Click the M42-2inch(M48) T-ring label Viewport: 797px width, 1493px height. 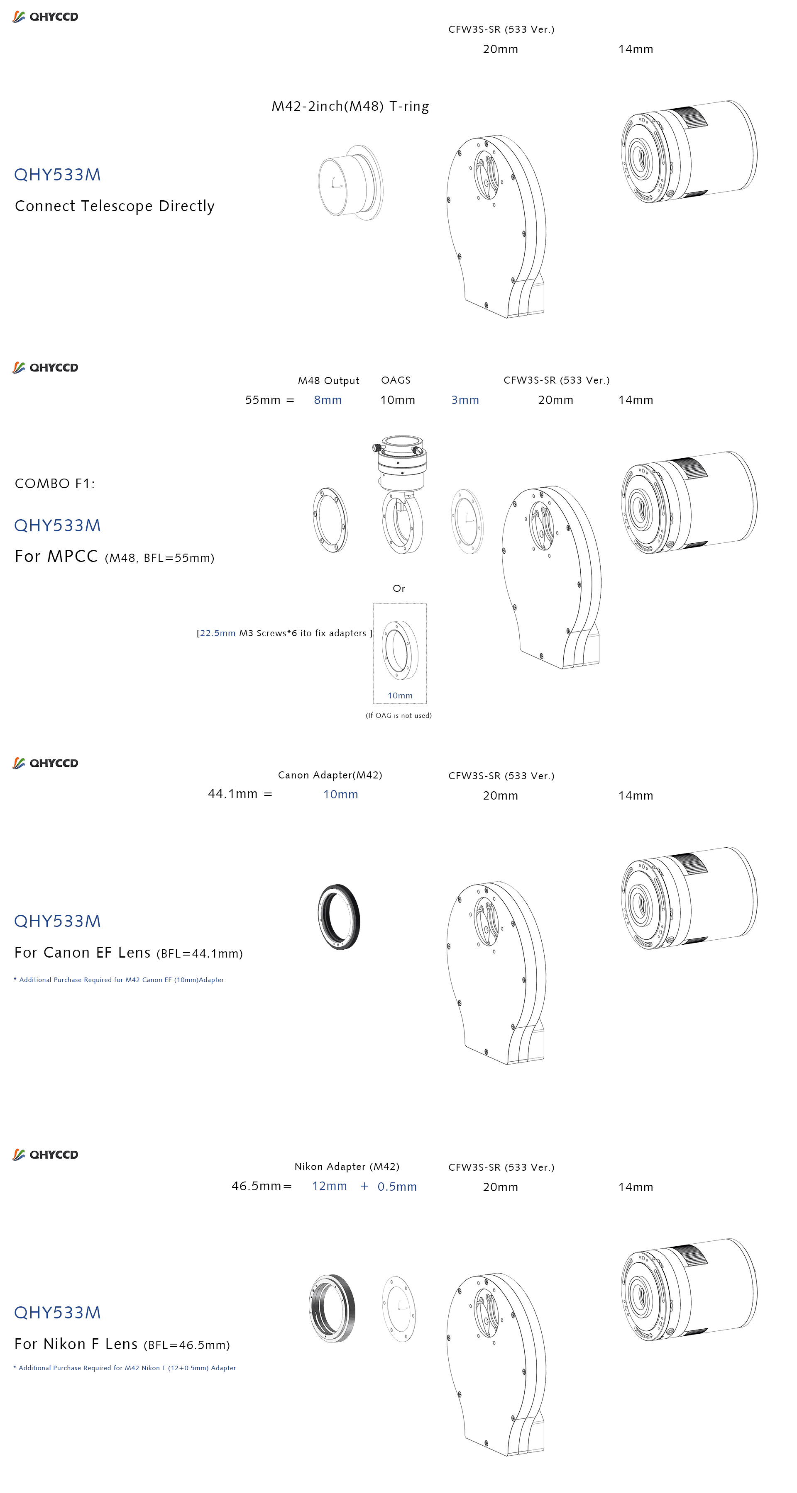[x=350, y=107]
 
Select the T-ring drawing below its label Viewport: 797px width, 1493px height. [x=351, y=182]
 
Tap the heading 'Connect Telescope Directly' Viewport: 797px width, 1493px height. [x=115, y=207]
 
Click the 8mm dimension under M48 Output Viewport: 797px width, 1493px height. [x=328, y=400]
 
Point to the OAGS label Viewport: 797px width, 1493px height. [x=396, y=380]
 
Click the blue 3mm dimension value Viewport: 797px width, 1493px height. [x=465, y=400]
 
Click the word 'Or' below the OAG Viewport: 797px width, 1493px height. [x=399, y=588]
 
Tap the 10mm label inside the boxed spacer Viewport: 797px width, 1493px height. [x=400, y=695]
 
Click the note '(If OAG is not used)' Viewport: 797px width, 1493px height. [x=398, y=716]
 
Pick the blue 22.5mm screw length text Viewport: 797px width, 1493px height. [x=218, y=633]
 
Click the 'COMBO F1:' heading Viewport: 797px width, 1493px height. [x=55, y=484]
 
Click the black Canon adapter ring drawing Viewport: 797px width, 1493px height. [x=339, y=917]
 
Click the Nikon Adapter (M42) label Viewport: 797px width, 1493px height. [x=347, y=1167]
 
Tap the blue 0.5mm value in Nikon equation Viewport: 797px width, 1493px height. [x=397, y=1187]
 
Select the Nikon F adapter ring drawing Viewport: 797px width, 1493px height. [x=332, y=1309]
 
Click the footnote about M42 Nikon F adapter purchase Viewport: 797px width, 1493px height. [x=125, y=1368]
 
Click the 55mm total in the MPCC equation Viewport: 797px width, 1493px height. [x=263, y=400]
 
